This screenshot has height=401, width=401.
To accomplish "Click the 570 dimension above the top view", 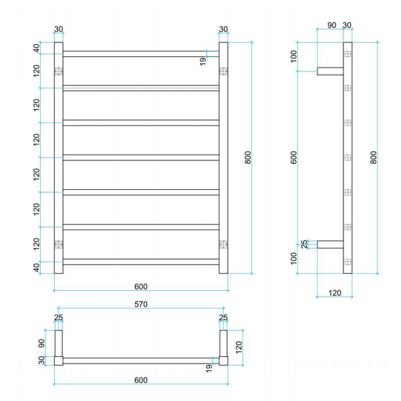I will point(140,304).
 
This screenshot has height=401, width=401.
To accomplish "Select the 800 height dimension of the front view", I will point(248,158).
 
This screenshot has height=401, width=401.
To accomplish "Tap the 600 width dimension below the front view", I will point(140,287).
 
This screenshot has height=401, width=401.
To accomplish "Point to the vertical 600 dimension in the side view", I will point(295,158).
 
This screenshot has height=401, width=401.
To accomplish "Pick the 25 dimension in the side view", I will point(305,245).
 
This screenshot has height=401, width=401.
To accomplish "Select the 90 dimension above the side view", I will point(331,25).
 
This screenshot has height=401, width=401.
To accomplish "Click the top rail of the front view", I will point(140,53).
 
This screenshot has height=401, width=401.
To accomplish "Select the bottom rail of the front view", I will point(140,262).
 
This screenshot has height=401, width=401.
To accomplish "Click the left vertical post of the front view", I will point(58,158).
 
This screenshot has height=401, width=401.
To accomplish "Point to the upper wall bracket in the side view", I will point(330,71).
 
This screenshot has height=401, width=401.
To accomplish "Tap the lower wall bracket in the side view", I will point(330,245).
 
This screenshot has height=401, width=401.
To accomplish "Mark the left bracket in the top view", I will point(58,344).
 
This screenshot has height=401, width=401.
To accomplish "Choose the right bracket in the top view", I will point(223,344).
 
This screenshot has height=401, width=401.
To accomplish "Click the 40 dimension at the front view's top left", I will point(37,48).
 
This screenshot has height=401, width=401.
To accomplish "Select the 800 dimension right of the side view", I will point(374,158).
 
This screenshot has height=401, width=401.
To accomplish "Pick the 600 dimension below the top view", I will point(140,380).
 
